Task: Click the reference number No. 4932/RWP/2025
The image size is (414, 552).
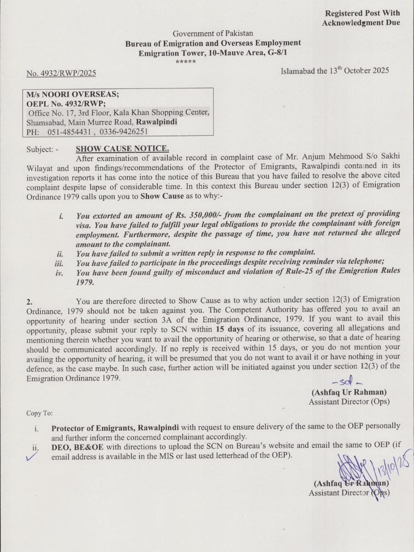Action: [61, 73]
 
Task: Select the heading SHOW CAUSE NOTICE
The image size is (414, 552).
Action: [122, 149]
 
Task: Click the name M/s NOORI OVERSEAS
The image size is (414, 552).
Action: [73, 94]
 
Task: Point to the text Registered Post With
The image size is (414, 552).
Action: [362, 13]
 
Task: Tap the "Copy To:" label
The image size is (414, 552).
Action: [39, 413]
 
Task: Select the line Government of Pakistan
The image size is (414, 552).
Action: [213, 34]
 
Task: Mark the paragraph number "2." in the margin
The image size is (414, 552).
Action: [29, 302]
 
